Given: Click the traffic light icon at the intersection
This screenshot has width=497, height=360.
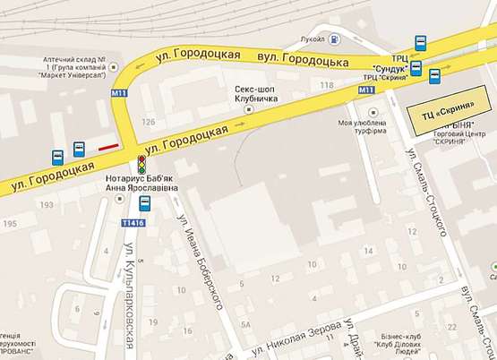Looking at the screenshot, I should [x=141, y=165].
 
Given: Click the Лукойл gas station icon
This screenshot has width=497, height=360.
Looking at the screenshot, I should [x=332, y=39].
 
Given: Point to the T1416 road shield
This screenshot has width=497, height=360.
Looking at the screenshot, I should [x=132, y=223].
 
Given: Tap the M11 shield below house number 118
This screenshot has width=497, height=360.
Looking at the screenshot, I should [x=365, y=91].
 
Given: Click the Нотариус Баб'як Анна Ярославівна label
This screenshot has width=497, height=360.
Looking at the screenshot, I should [x=136, y=184].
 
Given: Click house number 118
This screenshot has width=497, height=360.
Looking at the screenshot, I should [x=324, y=86].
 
